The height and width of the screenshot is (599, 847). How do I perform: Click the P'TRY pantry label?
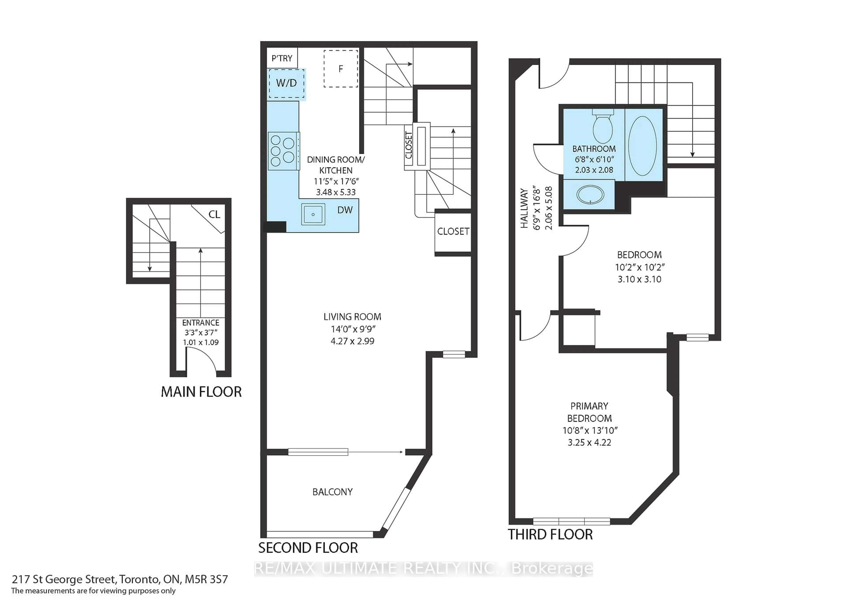282,58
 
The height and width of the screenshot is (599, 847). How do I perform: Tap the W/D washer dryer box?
286,83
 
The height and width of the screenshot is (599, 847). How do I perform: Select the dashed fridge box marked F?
341,69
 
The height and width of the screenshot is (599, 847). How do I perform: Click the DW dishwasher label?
345,210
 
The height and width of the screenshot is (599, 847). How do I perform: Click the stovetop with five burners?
283,151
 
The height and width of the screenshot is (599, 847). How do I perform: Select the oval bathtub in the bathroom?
642,146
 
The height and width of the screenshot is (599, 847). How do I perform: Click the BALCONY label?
332,492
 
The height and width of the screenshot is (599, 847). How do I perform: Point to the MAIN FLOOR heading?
201,392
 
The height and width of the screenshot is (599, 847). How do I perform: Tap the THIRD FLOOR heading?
550,534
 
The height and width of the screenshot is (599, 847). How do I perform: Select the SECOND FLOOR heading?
308,548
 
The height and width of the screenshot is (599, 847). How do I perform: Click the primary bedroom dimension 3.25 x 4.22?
589,442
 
